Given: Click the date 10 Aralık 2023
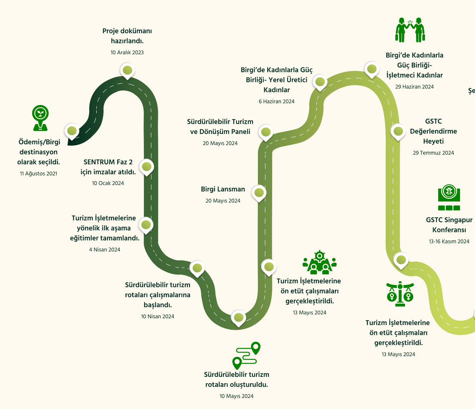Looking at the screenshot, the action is click(127, 53).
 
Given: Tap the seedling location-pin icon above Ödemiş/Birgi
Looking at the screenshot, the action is click(40, 118).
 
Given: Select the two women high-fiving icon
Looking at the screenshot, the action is click(410, 30).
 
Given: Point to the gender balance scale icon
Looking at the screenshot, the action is click(400, 294).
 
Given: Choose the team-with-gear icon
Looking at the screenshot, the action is click(320, 262).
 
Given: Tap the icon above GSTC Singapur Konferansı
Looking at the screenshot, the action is click(449, 197).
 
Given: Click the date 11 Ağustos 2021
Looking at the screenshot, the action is click(39, 174).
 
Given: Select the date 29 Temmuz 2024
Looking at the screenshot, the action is click(434, 153).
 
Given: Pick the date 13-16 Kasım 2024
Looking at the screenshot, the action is click(449, 241).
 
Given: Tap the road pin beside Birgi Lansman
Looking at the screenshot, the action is click(259, 194).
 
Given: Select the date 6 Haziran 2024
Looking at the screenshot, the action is click(277, 101).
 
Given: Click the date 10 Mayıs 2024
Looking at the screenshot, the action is click(236, 396).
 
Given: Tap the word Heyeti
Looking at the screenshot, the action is click(434, 141).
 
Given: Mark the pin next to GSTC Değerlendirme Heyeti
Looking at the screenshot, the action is click(398, 132).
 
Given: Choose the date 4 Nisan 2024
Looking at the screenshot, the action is click(105, 250).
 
